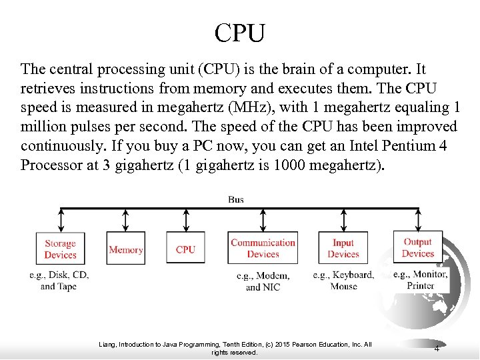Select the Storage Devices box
coord(60,249)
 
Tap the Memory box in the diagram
coord(125,249)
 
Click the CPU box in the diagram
coord(185,249)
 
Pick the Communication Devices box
coord(263,249)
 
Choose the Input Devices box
coord(343,249)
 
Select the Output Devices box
coord(418,247)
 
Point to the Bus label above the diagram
coord(236,199)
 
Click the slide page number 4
coord(437,349)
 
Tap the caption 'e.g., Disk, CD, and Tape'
coord(59,281)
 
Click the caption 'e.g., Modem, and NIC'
coord(263,281)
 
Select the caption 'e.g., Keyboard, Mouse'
coord(343,281)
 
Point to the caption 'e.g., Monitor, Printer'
coord(420,280)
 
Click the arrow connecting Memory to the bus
coord(125,219)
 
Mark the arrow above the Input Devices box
coord(343,219)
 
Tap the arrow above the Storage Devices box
coord(61,219)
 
